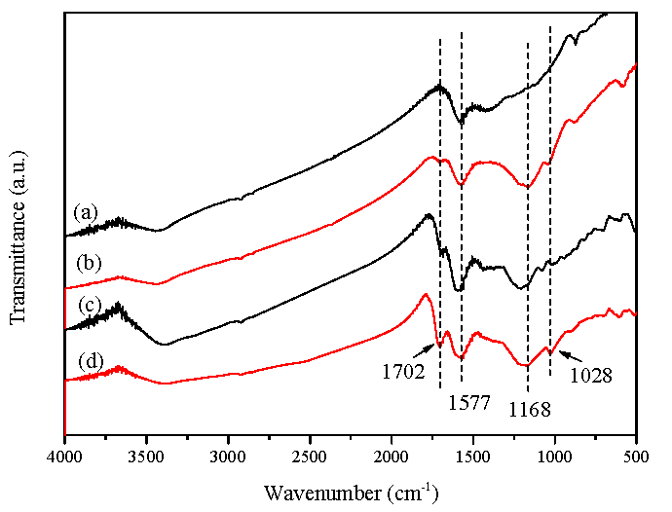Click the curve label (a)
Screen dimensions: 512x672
pos(87,211)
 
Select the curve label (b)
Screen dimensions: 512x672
pos(87,263)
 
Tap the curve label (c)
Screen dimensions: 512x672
pos(87,306)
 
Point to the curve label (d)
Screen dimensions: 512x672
pos(87,361)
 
